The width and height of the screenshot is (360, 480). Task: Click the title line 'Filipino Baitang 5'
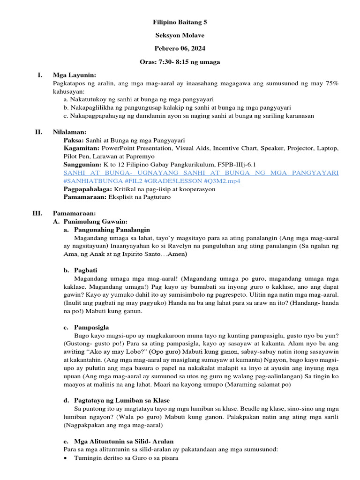pyautogui.click(x=180, y=22)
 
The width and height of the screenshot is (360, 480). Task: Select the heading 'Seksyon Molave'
pyautogui.click(x=180, y=35)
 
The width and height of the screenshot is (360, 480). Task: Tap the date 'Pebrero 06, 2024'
pyautogui.click(x=180, y=48)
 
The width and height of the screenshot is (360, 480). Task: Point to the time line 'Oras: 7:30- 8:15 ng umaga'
pyautogui.click(x=180, y=62)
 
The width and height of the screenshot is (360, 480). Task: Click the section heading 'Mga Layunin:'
pyautogui.click(x=75, y=75)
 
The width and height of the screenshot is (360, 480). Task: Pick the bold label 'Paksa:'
pyautogui.click(x=74, y=140)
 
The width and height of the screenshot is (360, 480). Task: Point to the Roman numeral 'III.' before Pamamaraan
pyautogui.click(x=37, y=213)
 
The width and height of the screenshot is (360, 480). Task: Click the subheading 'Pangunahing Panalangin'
pyautogui.click(x=112, y=230)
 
